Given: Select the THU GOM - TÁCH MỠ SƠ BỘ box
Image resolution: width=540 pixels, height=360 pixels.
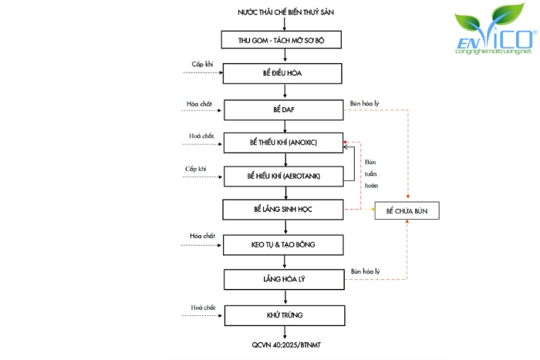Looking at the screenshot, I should [x=284, y=40].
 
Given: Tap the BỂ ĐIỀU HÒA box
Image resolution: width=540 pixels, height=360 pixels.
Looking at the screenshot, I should [x=284, y=74].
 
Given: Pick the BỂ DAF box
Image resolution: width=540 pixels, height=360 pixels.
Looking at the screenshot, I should [x=284, y=110].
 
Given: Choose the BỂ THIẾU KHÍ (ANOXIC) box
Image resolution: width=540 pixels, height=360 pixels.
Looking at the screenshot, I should [x=284, y=143].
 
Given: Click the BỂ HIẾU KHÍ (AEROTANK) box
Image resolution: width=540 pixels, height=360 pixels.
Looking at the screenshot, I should [x=284, y=176].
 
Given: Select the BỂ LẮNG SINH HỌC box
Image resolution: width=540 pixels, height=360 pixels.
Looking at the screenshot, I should [x=284, y=209].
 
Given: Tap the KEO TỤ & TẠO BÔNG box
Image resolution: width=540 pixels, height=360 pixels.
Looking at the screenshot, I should [x=284, y=245].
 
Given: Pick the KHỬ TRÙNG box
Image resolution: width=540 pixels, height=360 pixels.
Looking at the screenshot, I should [x=284, y=315].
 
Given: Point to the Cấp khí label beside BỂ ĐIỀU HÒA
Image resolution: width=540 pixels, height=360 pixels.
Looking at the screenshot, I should [x=202, y=64].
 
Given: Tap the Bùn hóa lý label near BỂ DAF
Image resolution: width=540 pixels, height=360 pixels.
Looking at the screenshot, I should [x=366, y=102].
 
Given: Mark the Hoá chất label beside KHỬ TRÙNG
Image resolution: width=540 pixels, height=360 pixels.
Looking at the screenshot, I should [x=201, y=308].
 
